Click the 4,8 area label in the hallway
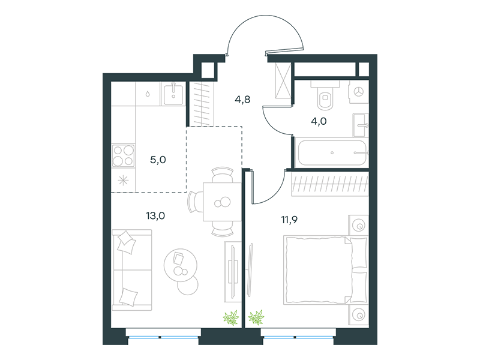242,100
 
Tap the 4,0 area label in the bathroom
319,122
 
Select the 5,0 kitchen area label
158,160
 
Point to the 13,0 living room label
155,216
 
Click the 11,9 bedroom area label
290,220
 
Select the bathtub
332,152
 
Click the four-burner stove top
124,156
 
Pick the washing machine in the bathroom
358,92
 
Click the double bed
325,270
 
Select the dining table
222,202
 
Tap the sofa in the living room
132,270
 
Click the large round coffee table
181,265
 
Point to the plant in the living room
231,317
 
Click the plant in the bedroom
256,317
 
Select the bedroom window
298,337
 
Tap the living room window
163,337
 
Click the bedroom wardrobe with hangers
330,184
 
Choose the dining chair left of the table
195,202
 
